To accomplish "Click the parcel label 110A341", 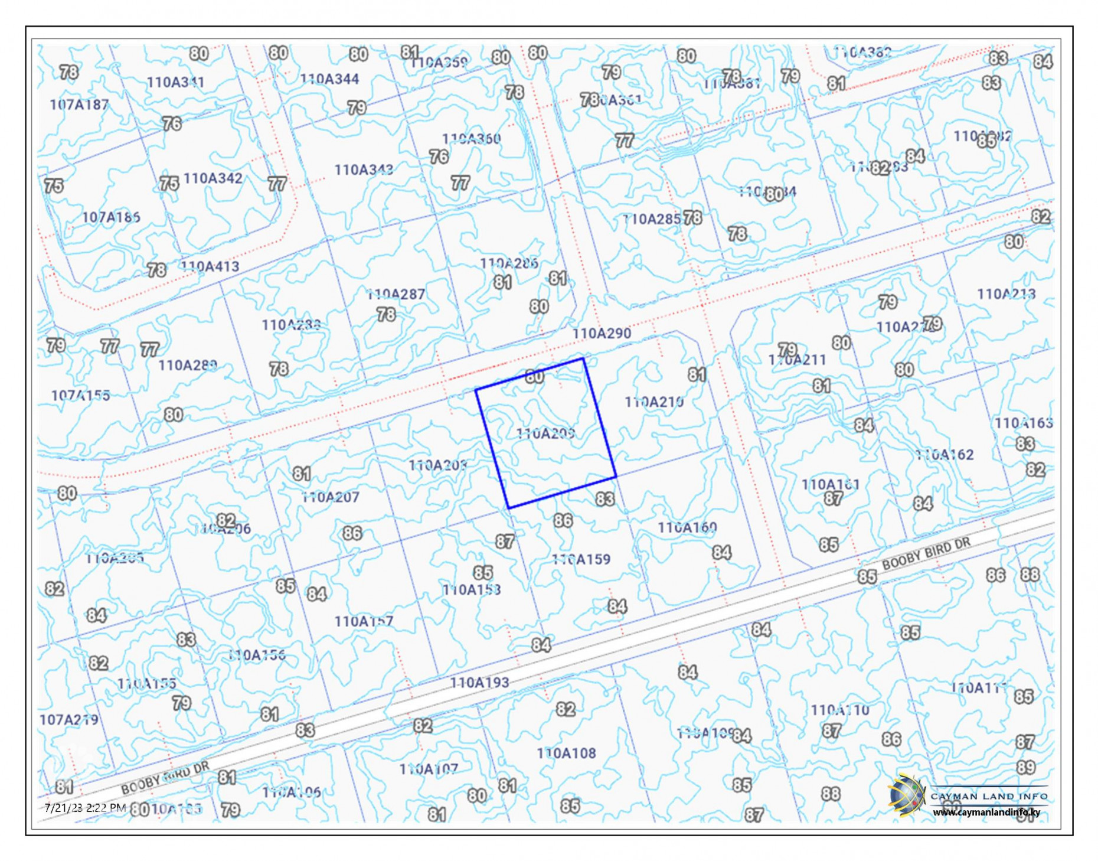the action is pos(175,82).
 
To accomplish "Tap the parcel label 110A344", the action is pos(329,79).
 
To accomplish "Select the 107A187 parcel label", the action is pos(79,105).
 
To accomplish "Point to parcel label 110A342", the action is pos(213,178).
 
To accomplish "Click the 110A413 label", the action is pos(210,267).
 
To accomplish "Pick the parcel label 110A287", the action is pos(396,294).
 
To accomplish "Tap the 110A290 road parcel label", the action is pos(602,334).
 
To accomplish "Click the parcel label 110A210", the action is pos(654,403).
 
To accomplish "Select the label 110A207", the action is pos(331,497).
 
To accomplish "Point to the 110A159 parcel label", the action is pos(581,559).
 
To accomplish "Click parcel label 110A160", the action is pos(687,527).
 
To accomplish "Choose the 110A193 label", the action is pos(479,683).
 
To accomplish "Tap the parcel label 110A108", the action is pos(566,754).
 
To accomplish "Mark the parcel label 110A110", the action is pos(839,710).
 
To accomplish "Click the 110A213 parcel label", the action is pos(1006,294).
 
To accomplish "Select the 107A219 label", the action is pos(68,720).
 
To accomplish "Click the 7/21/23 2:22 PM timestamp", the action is pos(85,808).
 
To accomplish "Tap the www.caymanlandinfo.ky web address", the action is pos(986,813).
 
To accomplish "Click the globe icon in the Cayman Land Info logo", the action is pos(906,795).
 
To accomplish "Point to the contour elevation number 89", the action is pos(1025,768).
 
